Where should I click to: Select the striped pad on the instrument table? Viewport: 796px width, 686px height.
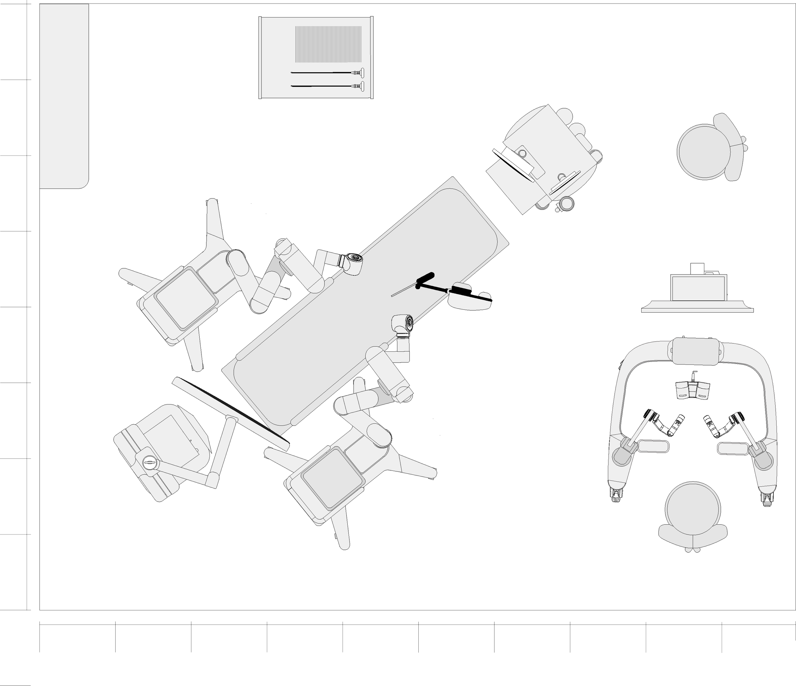coord(328,44)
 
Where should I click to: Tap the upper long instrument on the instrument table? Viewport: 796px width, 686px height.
coord(327,72)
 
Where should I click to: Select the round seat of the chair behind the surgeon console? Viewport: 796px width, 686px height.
coord(693,508)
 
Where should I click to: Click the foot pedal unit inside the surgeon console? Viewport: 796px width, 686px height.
coord(693,390)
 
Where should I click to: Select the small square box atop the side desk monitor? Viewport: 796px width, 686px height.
coord(697,268)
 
